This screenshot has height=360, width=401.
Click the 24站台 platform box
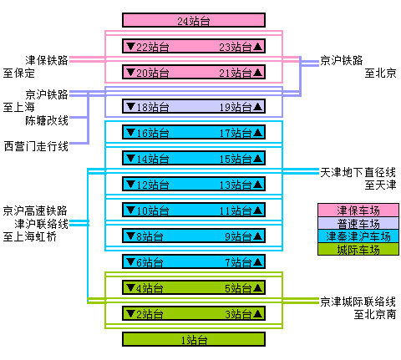[194, 20]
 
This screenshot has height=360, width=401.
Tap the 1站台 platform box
[194, 340]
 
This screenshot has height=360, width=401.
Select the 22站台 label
[152, 47]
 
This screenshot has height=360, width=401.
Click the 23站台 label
[236, 47]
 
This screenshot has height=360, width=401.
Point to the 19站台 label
[236, 107]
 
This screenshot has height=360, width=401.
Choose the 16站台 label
[152, 133]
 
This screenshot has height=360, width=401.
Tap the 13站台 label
[236, 185]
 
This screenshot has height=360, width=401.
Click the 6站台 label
[150, 263]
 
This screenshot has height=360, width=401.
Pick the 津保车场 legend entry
[358, 210]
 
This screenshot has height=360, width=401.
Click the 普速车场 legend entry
[358, 223]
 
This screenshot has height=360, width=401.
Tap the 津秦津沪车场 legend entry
[358, 236]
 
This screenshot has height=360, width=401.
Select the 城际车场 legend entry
[358, 250]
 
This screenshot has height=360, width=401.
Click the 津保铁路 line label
[47, 60]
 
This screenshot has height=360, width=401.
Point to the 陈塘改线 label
[47, 120]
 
